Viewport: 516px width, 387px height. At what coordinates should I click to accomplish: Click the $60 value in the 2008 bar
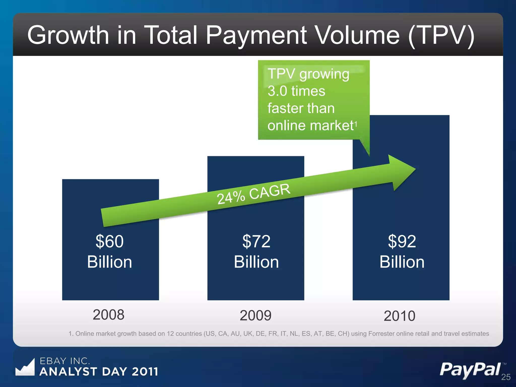click(110, 241)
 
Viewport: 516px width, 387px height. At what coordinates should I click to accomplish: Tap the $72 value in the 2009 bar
click(256, 241)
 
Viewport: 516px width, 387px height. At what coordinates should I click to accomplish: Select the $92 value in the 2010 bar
click(402, 241)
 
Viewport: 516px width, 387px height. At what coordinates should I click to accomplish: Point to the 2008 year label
click(109, 315)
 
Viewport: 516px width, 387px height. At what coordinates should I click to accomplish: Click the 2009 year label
click(255, 315)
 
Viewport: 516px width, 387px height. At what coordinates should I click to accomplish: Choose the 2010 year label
click(399, 316)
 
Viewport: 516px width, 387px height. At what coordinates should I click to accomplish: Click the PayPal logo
click(470, 370)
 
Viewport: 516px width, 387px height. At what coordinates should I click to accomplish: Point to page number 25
click(506, 377)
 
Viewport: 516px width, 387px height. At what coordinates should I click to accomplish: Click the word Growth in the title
click(68, 35)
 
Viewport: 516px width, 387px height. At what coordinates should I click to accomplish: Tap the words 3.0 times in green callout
click(296, 91)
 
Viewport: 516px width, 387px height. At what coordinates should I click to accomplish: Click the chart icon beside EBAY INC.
click(25, 368)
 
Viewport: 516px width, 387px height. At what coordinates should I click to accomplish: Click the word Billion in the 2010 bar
click(402, 262)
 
